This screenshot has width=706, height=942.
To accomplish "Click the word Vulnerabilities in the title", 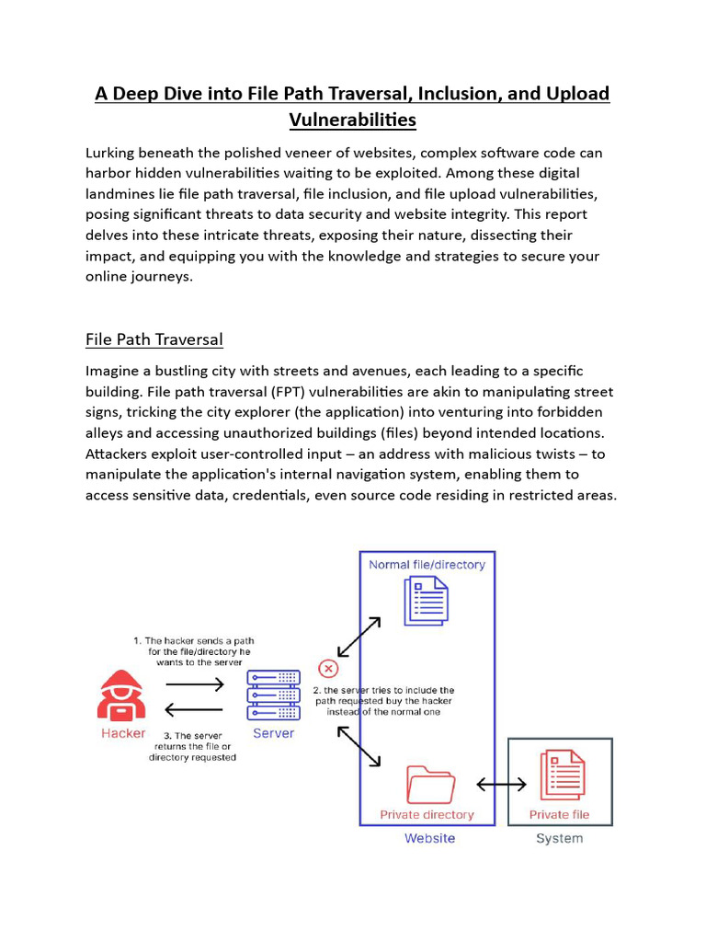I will pyautogui.click(x=352, y=120).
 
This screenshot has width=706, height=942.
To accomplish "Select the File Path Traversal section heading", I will pyautogui.click(x=154, y=339).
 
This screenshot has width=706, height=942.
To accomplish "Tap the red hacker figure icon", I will pyautogui.click(x=122, y=695).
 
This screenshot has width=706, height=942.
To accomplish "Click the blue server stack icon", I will pyautogui.click(x=273, y=695).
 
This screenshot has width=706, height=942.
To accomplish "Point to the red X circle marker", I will pyautogui.click(x=327, y=668).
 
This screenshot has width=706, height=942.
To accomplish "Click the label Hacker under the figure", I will pyautogui.click(x=123, y=733).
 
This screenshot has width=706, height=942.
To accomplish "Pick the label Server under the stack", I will pyautogui.click(x=273, y=733).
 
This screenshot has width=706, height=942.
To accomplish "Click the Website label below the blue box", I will pyautogui.click(x=429, y=838).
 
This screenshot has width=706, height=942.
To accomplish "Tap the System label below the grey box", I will pyautogui.click(x=559, y=838).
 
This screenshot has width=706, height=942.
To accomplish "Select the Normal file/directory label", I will pyautogui.click(x=427, y=565).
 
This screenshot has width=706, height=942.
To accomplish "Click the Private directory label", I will pyautogui.click(x=427, y=814).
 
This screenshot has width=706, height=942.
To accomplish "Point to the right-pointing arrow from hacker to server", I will pyautogui.click(x=194, y=684).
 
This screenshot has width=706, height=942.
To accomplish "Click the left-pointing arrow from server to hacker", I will pyautogui.click(x=194, y=709).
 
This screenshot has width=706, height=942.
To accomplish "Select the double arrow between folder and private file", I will pyautogui.click(x=501, y=784).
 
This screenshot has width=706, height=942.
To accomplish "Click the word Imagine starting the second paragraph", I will pyautogui.click(x=115, y=371).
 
